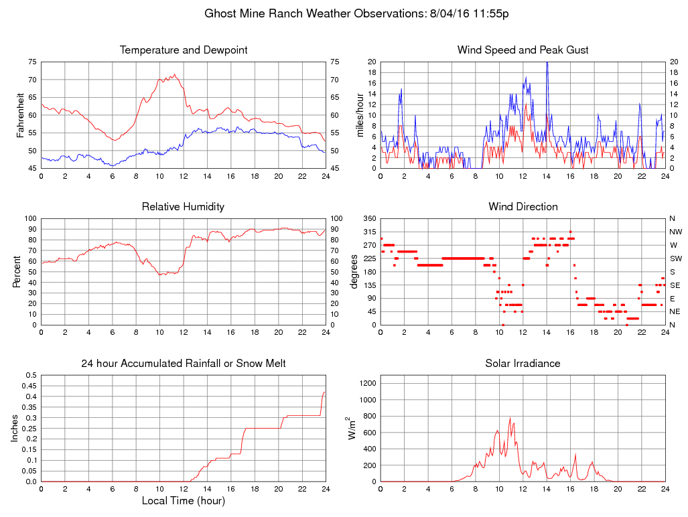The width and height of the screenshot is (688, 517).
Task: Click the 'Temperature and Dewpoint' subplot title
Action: click(183, 50)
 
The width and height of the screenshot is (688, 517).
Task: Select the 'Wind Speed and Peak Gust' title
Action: click(523, 50)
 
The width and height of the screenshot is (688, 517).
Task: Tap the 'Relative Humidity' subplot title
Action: click(183, 207)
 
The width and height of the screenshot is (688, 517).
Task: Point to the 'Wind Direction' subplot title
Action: click(523, 207)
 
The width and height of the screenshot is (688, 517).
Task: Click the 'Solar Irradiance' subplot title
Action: click(523, 364)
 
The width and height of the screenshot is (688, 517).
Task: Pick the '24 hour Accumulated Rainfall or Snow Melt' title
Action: click(183, 364)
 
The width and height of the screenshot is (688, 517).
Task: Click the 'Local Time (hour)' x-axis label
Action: click(183, 500)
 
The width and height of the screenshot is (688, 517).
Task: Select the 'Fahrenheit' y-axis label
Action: click(21, 115)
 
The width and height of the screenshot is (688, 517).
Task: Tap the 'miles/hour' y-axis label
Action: click(360, 115)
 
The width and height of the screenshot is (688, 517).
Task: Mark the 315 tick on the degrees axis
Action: click(368, 232)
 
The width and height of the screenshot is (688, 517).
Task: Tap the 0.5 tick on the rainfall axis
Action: click(30, 375)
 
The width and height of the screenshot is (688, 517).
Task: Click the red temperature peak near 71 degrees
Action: click(175, 74)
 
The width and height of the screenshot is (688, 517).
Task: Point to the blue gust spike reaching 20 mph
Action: click(547, 63)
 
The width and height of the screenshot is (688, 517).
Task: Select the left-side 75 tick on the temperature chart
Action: click(33, 62)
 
